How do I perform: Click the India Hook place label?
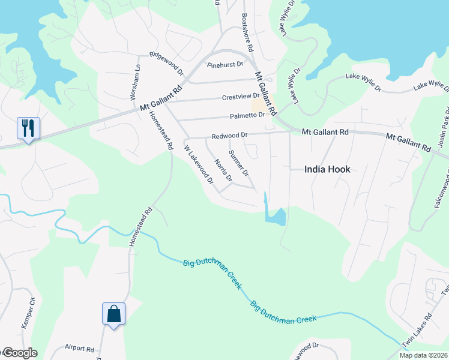[327, 169]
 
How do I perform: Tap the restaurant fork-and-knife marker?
[28, 128]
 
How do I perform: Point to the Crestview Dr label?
[240, 97]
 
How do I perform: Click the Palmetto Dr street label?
[247, 115]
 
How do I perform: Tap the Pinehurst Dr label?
[225, 64]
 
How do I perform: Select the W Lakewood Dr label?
[199, 164]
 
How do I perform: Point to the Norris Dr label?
[223, 171]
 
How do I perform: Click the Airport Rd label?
[79, 348]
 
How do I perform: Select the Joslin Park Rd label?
[444, 129]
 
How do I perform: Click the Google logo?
[19, 353]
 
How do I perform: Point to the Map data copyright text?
[423, 355]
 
